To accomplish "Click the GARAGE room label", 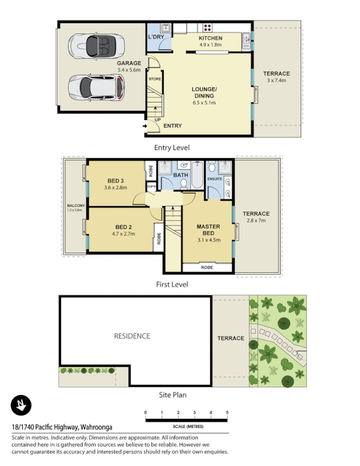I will (129, 63).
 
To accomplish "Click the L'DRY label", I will (156, 37).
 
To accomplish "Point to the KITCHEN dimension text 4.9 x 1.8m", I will (210, 45).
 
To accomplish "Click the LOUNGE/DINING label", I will (204, 93).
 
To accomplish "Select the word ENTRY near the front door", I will (172, 126).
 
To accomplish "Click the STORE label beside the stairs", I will (154, 79).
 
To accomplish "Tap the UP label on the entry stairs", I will (157, 121).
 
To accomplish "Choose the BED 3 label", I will (116, 180).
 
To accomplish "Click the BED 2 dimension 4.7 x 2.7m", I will (123, 234).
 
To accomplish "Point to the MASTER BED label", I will (207, 230).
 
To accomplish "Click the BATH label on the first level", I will (180, 174).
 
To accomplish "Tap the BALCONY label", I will (76, 206).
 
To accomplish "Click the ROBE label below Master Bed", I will (207, 267).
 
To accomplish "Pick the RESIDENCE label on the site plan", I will (132, 336).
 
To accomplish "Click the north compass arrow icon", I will (21, 404).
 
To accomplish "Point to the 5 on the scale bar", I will (227, 412).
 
